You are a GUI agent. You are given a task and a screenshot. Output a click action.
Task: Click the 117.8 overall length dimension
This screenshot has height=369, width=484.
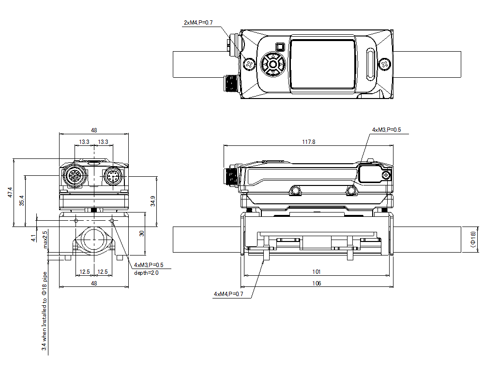(308, 142)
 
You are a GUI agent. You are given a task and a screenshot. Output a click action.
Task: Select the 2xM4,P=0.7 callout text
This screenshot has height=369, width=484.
(198, 23)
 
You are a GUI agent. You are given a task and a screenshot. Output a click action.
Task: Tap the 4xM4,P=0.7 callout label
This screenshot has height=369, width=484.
(228, 294)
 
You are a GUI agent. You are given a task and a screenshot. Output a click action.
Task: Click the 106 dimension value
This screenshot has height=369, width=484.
(317, 284)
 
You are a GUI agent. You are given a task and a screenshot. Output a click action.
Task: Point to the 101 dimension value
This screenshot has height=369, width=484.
(317, 272)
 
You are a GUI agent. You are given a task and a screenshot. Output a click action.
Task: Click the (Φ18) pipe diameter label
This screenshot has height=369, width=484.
(473, 240)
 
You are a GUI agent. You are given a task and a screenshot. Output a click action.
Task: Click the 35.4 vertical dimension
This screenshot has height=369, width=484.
(21, 200)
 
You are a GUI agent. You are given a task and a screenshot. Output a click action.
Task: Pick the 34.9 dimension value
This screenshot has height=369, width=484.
(153, 200)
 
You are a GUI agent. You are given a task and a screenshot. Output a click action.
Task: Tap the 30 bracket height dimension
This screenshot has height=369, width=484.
(142, 233)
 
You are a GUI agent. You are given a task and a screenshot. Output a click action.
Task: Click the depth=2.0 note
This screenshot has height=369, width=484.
(146, 272)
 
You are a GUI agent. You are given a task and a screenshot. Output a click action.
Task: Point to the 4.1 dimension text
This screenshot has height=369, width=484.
(33, 238)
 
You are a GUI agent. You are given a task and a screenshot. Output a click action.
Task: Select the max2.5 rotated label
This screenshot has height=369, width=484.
(45, 240)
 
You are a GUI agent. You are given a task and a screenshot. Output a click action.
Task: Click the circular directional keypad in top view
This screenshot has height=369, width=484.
(272, 64)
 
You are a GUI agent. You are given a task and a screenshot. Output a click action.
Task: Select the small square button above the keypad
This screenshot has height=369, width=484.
(279, 47)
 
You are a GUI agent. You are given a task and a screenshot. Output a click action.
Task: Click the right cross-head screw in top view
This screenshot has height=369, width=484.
(384, 64)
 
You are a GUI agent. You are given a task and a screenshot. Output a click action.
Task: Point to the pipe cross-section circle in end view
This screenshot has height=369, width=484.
(94, 238)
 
